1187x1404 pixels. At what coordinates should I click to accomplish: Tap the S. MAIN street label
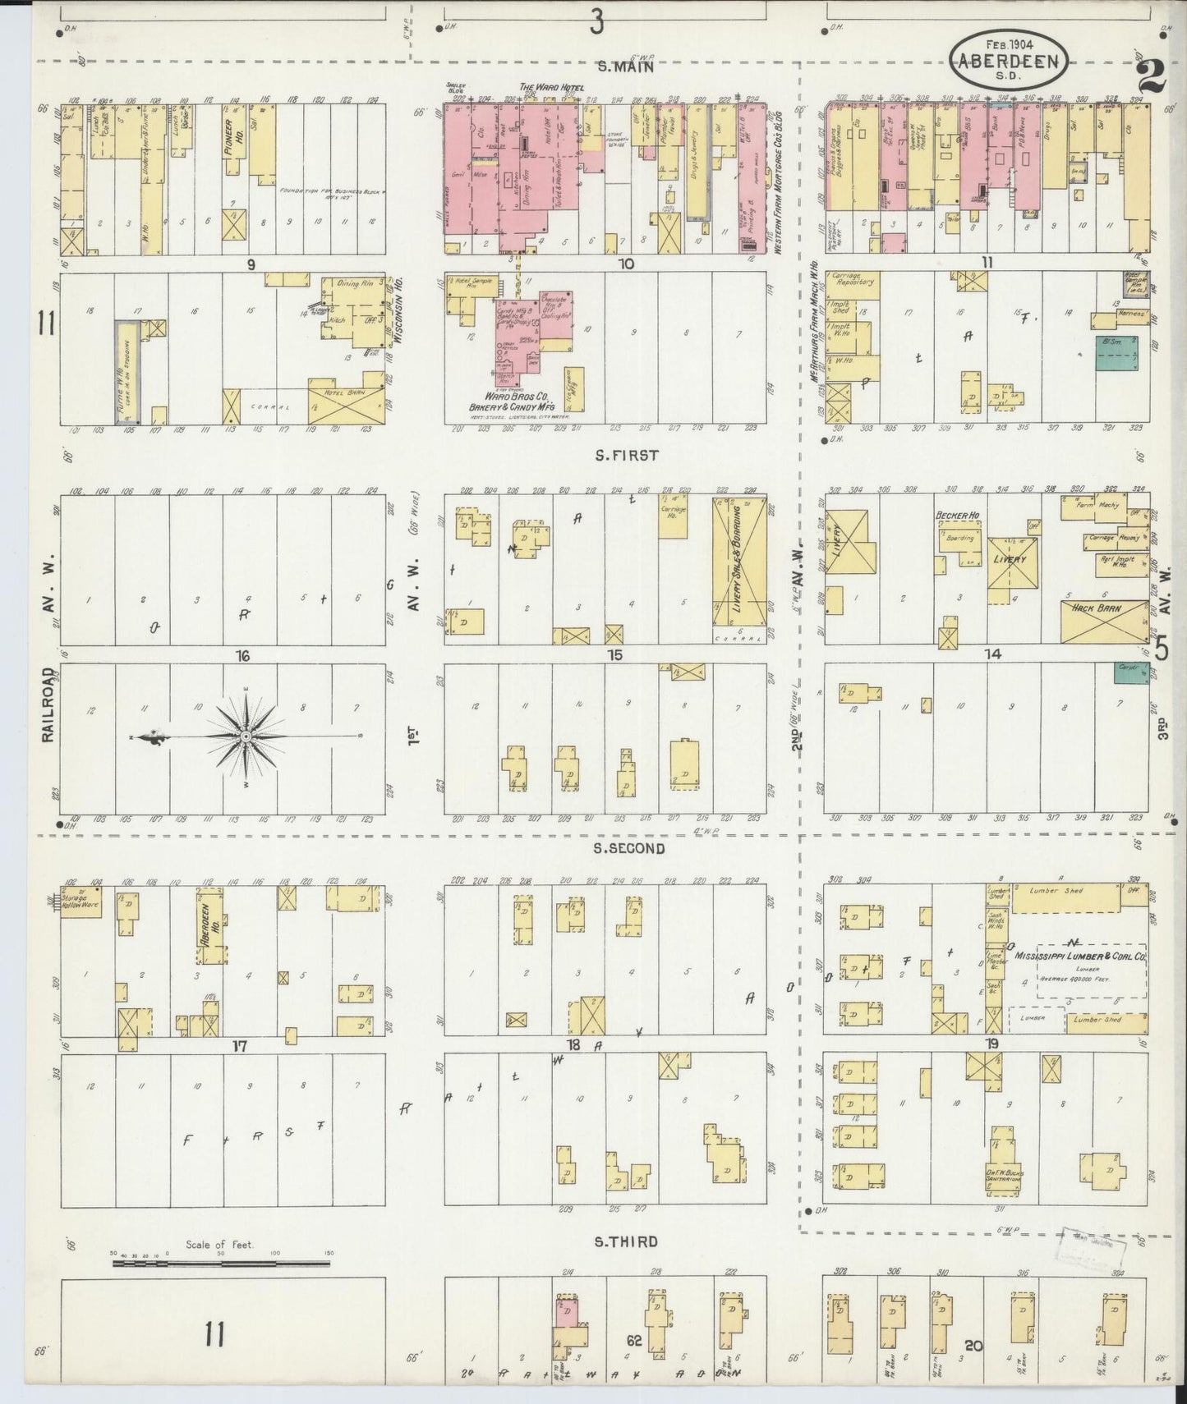625,67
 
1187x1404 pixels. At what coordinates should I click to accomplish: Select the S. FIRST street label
628,454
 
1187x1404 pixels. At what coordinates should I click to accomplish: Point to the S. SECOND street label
628,848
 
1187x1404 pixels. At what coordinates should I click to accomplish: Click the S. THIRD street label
626,1241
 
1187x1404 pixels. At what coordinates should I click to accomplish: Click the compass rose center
245,736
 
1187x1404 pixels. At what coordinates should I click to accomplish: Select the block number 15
614,654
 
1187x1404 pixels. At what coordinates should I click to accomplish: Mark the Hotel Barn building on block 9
345,400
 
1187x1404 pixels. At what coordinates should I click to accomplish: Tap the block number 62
634,1341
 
